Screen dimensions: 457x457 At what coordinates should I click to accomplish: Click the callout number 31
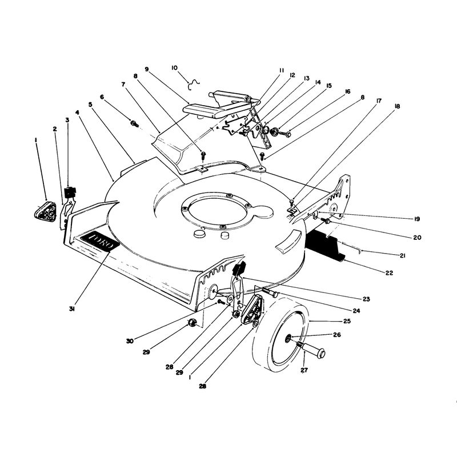pyautogui.click(x=72, y=309)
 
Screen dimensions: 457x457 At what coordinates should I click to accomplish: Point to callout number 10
pyautogui.click(x=174, y=68)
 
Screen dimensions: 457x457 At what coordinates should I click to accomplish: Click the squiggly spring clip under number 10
pyautogui.click(x=194, y=84)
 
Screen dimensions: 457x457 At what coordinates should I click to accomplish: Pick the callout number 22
pyautogui.click(x=389, y=273)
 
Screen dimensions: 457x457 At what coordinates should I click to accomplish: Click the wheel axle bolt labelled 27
pyautogui.click(x=312, y=349)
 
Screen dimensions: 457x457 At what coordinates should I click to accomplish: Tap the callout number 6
pyautogui.click(x=102, y=97)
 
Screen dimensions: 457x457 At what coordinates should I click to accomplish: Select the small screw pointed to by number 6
pyautogui.click(x=134, y=123)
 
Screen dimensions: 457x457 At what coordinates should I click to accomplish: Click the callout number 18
pyautogui.click(x=397, y=106)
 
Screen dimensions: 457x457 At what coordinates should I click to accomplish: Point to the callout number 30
pyautogui.click(x=130, y=340)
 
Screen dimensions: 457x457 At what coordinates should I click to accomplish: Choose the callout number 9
pyautogui.click(x=147, y=69)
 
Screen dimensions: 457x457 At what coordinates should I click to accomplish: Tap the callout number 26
pyautogui.click(x=337, y=335)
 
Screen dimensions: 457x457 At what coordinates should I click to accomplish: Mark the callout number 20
pyautogui.click(x=418, y=238)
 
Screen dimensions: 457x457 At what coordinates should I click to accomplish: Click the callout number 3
pyautogui.click(x=67, y=120)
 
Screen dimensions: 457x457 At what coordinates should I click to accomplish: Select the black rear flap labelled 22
pyautogui.click(x=325, y=244)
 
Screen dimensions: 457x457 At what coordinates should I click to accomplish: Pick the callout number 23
pyautogui.click(x=366, y=299)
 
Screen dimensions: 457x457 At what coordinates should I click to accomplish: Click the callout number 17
pyautogui.click(x=379, y=101)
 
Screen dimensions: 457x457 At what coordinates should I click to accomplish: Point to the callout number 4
pyautogui.click(x=77, y=112)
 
